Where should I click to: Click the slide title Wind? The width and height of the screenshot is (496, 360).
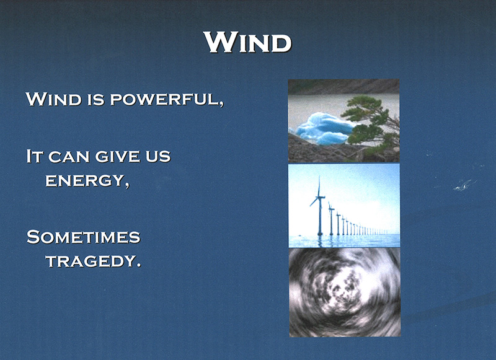click(x=247, y=42)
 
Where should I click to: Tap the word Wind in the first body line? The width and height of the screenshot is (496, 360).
click(x=54, y=99)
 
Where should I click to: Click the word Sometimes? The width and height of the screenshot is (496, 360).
click(x=84, y=237)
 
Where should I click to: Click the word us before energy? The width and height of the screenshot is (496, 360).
click(x=158, y=157)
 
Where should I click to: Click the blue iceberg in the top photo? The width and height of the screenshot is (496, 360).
click(x=323, y=129)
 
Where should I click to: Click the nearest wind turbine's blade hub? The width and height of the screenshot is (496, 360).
click(x=319, y=197)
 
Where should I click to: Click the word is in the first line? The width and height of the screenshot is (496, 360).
click(x=95, y=100)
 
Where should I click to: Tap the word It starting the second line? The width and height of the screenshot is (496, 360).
click(x=35, y=156)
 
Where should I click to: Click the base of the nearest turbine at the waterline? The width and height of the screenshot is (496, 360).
click(x=320, y=234)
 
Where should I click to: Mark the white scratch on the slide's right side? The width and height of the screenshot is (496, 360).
click(x=465, y=185)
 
